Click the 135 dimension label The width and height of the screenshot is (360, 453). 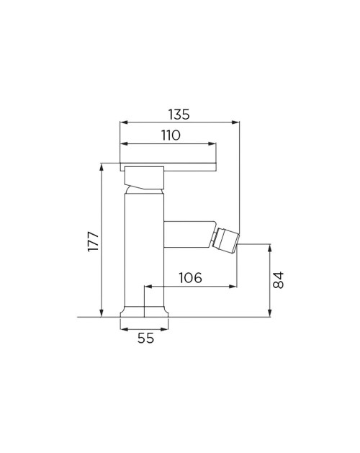(x=179, y=114)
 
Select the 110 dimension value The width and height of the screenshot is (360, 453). (x=171, y=135)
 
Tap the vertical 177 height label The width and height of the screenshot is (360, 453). (x=94, y=241)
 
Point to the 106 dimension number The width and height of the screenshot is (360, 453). (x=190, y=278)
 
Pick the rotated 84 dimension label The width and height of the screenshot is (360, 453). (x=279, y=280)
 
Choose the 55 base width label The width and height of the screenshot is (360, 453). (x=145, y=338)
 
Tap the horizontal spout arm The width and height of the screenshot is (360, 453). (x=189, y=234)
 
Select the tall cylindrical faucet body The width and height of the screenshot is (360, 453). (x=144, y=250)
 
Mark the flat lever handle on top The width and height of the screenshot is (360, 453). (x=168, y=167)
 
